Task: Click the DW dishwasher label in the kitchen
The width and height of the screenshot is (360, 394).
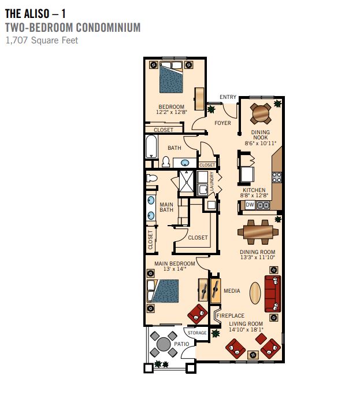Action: click(x=250, y=205)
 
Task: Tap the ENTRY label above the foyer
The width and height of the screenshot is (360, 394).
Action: click(x=228, y=97)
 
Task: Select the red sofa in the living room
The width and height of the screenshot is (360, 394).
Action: click(x=272, y=294)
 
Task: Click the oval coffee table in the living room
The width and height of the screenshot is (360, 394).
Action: click(x=255, y=293)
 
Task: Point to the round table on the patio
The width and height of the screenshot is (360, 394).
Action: click(x=164, y=344)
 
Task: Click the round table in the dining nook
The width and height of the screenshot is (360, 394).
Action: click(x=261, y=113)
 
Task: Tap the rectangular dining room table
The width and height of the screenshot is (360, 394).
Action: click(x=258, y=232)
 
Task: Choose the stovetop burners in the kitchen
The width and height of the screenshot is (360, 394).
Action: click(x=277, y=177)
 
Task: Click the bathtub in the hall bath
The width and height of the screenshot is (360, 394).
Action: click(x=151, y=146)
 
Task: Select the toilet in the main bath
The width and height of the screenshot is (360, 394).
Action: click(x=151, y=178)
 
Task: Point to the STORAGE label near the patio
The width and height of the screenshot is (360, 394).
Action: click(x=197, y=333)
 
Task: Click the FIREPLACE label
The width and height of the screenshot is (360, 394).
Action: click(x=231, y=315)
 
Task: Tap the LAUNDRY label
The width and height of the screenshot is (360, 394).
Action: click(x=211, y=181)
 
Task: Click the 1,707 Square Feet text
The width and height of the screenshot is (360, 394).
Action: click(x=42, y=40)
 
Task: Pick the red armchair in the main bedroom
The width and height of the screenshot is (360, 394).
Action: click(x=198, y=314)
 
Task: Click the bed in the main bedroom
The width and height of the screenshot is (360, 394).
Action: click(x=163, y=291)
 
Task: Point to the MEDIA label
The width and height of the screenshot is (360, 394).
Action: click(x=232, y=290)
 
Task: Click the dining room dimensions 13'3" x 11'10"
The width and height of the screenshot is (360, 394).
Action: click(x=258, y=257)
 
